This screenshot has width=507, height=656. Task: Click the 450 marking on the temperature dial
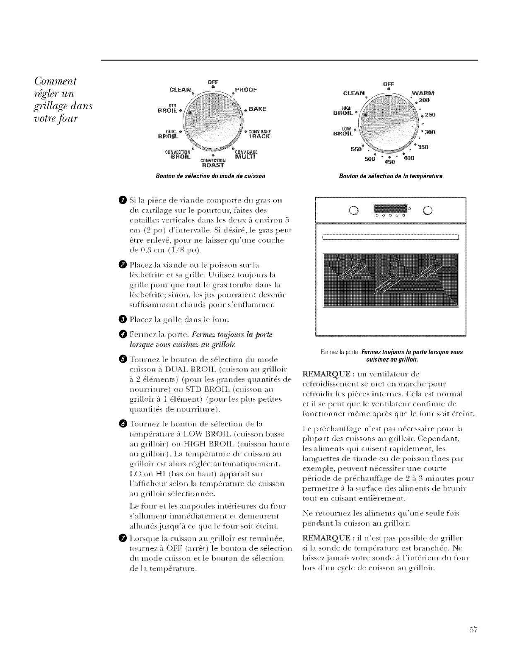(391, 162)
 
